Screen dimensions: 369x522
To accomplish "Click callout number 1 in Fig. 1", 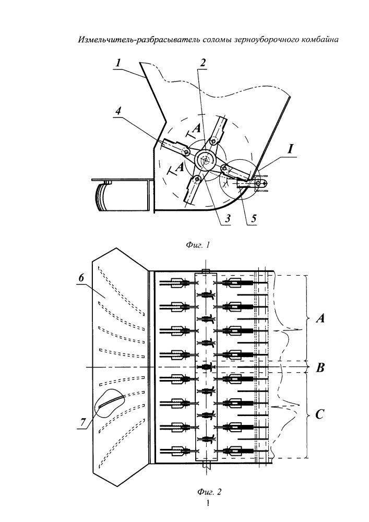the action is [x=118, y=63].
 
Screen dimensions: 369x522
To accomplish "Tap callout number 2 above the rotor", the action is [x=203, y=63].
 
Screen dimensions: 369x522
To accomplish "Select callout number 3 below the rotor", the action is [x=228, y=218].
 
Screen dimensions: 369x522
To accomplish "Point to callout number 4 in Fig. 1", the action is [x=118, y=111].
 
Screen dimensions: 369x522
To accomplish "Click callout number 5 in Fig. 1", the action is [x=254, y=218].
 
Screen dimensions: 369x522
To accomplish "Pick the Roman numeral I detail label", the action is [x=291, y=149].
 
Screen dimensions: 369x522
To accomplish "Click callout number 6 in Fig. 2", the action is [x=81, y=278].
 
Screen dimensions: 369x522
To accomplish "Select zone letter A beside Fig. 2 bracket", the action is [x=320, y=319].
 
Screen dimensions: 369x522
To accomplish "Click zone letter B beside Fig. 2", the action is [x=320, y=368].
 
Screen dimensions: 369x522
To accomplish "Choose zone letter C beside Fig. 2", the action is [x=319, y=414].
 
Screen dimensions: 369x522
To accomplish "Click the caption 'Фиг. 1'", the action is [x=198, y=245].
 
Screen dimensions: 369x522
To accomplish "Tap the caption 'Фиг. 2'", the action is [x=209, y=491].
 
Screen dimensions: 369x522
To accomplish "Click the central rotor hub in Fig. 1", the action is [x=206, y=160].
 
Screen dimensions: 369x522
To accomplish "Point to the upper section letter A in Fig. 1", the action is [x=197, y=128].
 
